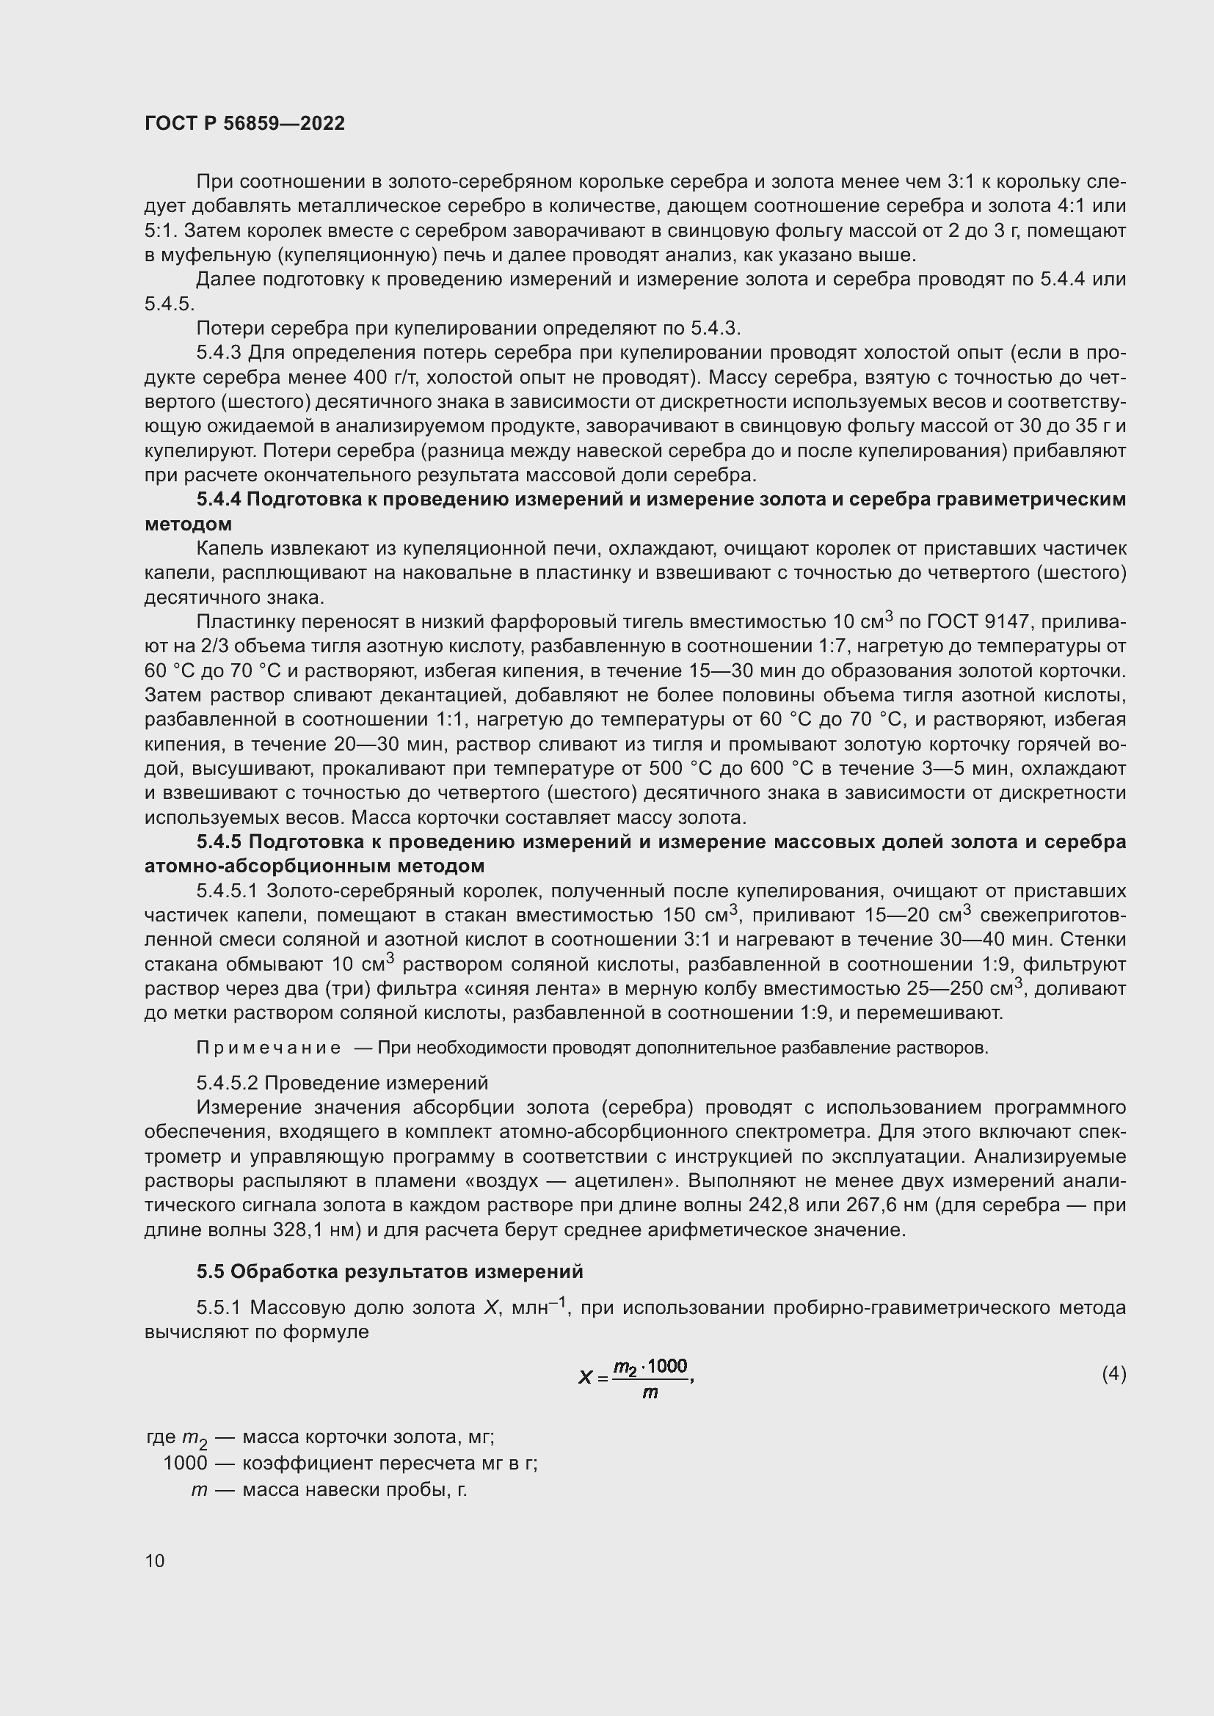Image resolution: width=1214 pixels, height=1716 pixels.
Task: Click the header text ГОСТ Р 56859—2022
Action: (244, 124)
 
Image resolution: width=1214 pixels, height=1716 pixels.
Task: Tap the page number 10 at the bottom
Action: (155, 1560)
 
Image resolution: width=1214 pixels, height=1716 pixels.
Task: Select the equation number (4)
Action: (1113, 1373)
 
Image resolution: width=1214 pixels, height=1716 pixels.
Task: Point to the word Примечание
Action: (269, 1048)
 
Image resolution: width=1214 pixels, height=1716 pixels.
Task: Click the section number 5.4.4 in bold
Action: (218, 500)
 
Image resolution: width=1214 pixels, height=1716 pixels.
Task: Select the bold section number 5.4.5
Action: (219, 842)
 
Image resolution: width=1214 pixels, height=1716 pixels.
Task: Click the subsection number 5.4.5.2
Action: (228, 1083)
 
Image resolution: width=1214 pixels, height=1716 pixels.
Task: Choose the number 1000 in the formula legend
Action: (185, 1463)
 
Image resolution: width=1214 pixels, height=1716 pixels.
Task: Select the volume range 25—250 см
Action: (962, 989)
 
